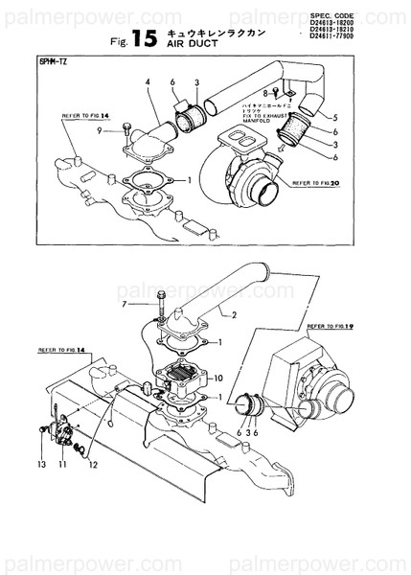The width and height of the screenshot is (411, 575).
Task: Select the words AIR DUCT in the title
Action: (190, 44)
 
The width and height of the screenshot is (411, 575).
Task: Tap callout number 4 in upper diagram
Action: (148, 83)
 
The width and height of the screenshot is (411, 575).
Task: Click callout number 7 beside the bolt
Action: (125, 304)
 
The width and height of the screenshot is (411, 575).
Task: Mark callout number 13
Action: (41, 464)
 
